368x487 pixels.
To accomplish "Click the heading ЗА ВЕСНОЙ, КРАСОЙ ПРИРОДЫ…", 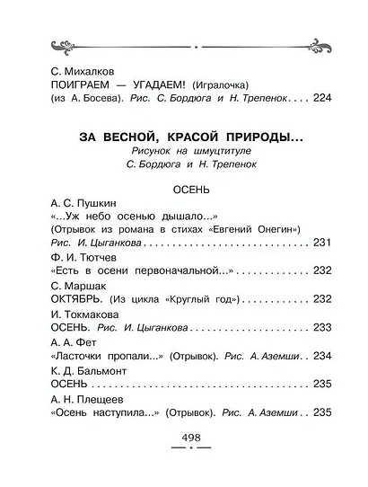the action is [184, 137].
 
